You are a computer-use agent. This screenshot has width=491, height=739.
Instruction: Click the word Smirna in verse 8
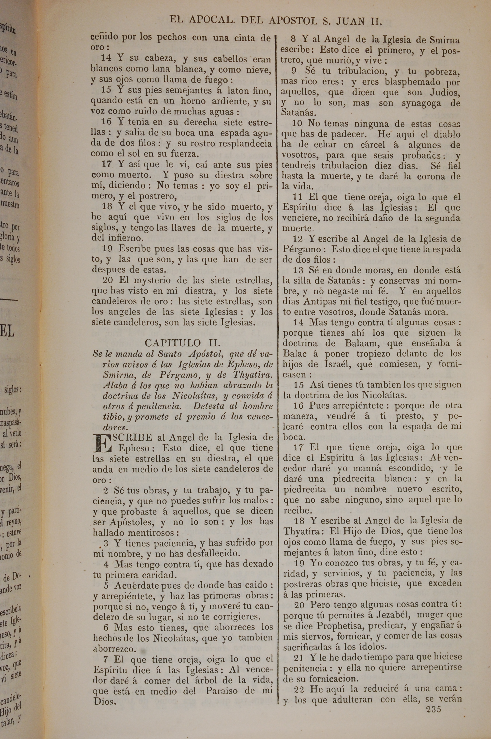445,40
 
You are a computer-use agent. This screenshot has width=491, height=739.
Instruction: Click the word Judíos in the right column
445,92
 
